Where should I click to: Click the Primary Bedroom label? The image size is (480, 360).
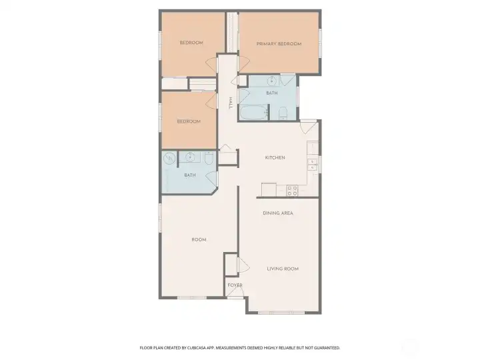[279, 44]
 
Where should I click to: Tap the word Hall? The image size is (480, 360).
[231, 103]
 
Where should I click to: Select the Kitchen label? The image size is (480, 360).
[275, 157]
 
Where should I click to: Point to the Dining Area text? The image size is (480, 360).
[278, 213]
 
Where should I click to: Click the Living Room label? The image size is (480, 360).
[283, 269]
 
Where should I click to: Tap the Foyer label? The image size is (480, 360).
[235, 285]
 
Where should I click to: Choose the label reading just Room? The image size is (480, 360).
[199, 240]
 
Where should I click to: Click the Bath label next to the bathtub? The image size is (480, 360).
[272, 93]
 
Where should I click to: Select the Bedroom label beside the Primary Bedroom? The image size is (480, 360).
[191, 43]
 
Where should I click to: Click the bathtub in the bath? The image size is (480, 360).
[253, 113]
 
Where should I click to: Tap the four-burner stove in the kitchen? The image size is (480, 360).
[292, 191]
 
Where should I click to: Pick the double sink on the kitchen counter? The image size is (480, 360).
[312, 165]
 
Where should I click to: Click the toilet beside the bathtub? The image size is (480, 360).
[283, 113]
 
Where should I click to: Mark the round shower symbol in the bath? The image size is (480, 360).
[169, 158]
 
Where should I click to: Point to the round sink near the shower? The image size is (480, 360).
[190, 157]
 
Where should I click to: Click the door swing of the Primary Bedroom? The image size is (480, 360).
[244, 65]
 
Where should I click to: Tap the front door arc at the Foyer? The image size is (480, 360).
[235, 292]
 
